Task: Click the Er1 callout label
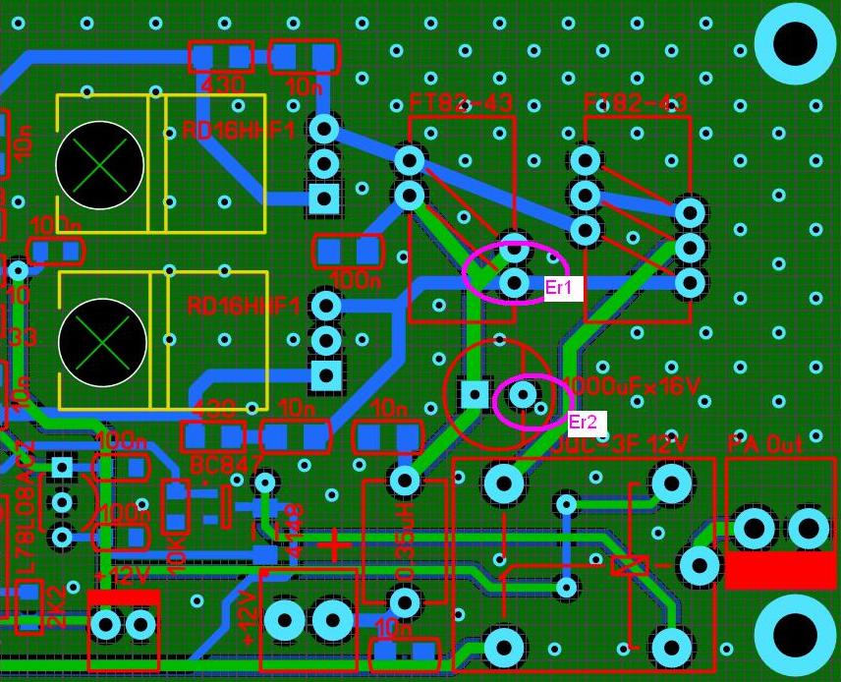[565, 288]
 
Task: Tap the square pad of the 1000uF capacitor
[475, 395]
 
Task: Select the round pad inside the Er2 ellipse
[523, 395]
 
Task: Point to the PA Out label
[765, 444]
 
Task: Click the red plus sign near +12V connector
[336, 544]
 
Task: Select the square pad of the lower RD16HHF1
[325, 374]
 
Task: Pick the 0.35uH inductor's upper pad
[405, 481]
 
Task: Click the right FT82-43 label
[636, 103]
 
